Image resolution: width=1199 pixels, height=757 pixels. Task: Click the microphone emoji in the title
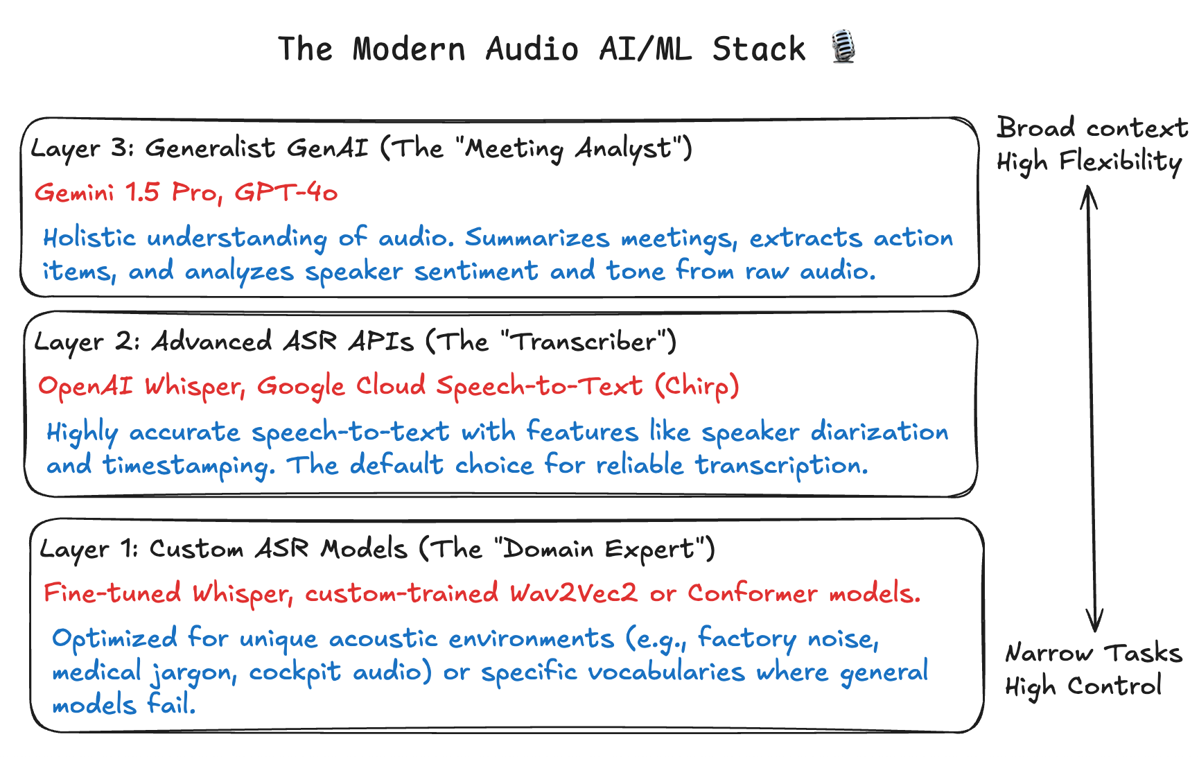click(843, 47)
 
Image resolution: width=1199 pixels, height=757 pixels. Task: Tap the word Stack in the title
click(759, 49)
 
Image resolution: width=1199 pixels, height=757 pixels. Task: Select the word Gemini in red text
click(74, 192)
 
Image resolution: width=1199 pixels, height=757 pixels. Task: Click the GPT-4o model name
click(286, 192)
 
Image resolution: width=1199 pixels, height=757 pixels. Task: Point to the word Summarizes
click(537, 238)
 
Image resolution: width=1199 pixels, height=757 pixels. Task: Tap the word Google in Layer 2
click(301, 387)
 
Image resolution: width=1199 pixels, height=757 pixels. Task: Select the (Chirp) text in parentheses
click(698, 386)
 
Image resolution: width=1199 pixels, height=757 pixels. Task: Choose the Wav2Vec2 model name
click(573, 593)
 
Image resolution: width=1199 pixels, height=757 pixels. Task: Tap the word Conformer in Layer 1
click(753, 593)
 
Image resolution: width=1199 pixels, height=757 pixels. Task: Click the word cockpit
click(295, 672)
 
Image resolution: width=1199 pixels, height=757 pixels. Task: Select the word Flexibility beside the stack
click(1121, 162)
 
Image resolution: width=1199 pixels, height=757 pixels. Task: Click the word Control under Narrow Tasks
click(1114, 686)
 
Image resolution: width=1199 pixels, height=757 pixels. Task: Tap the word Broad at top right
click(1036, 128)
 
